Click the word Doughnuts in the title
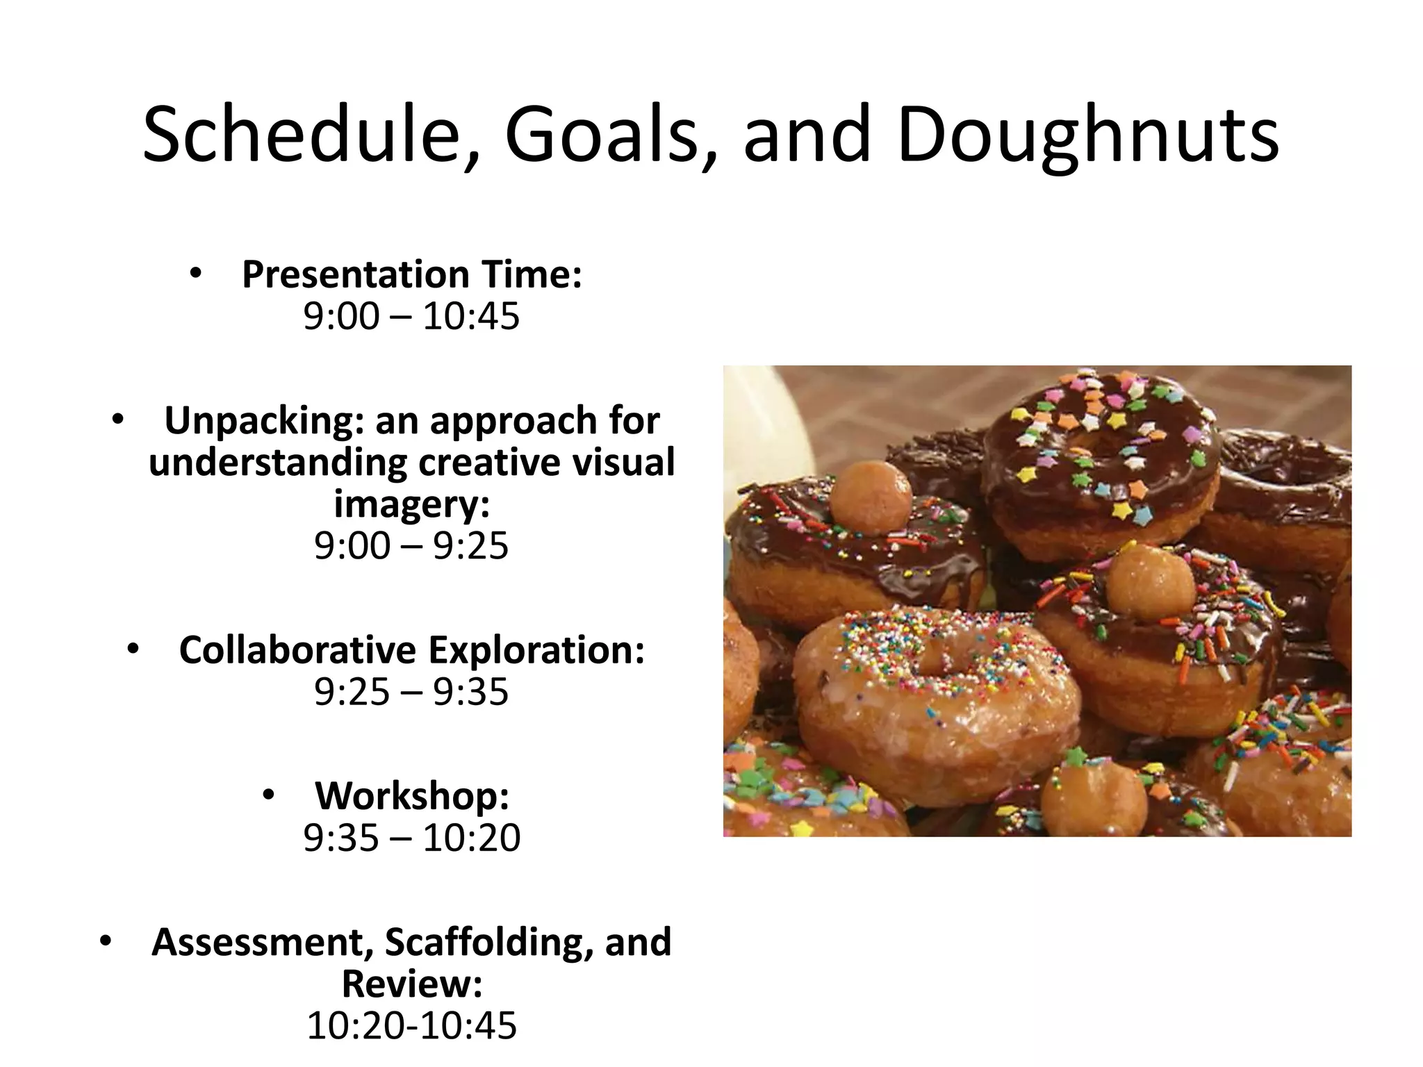(x=1087, y=135)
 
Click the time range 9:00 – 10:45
(x=411, y=317)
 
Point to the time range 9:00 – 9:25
(x=411, y=545)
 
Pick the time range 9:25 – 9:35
(x=411, y=692)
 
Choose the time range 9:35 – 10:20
(x=411, y=838)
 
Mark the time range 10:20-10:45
(x=411, y=1025)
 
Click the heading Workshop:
(x=412, y=795)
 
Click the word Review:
(x=411, y=984)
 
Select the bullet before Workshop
(x=270, y=795)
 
